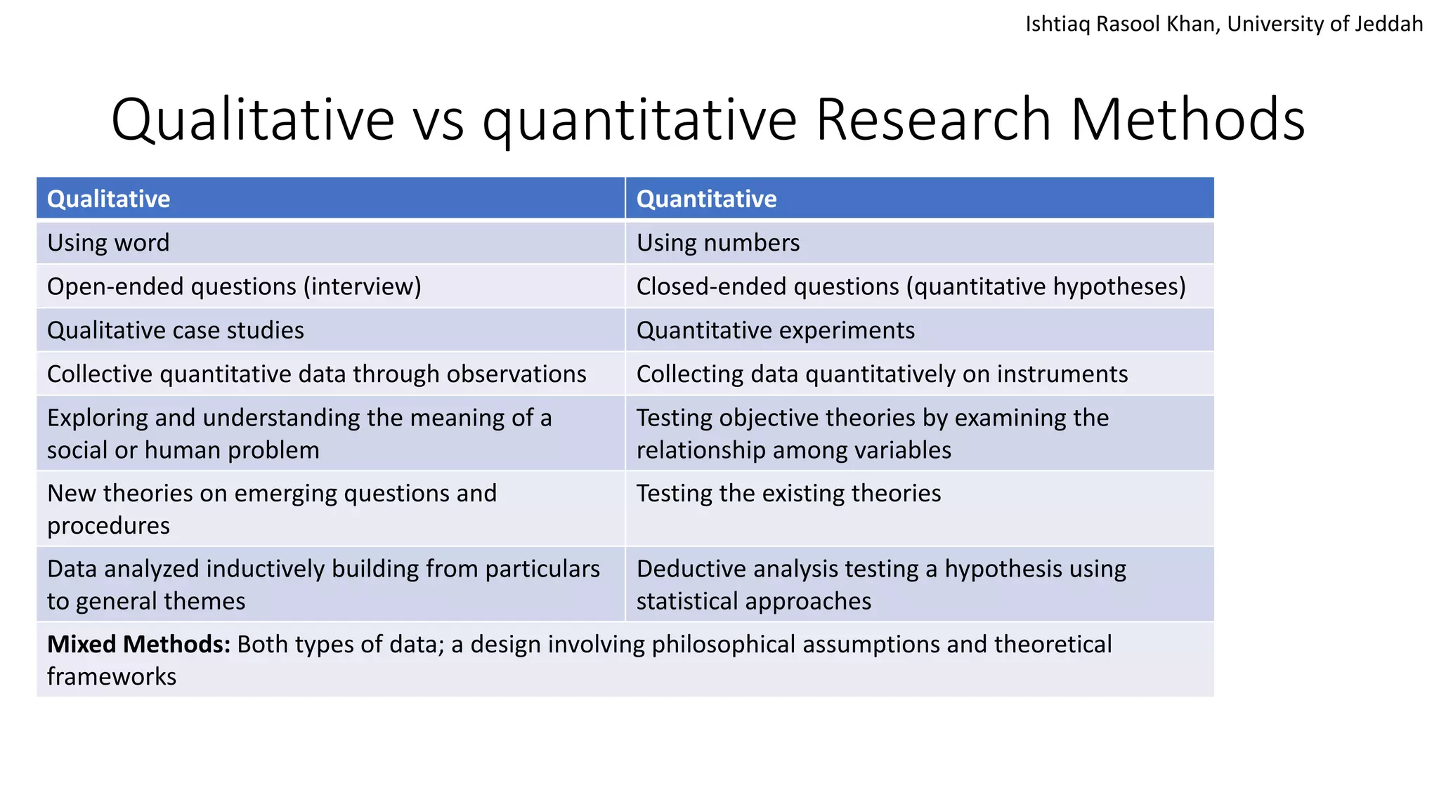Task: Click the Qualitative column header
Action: point(109,199)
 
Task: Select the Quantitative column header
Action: point(706,199)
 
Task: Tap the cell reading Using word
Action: point(108,243)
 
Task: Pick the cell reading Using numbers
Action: point(717,243)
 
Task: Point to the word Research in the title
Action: point(933,119)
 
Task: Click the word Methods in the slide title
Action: point(1187,119)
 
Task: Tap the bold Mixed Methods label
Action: point(138,644)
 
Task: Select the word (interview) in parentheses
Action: point(363,287)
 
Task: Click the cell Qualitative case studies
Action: point(176,330)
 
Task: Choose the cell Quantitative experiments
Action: point(775,330)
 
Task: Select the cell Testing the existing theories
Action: point(788,494)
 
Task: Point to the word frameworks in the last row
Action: point(112,676)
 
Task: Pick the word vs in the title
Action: point(438,119)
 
